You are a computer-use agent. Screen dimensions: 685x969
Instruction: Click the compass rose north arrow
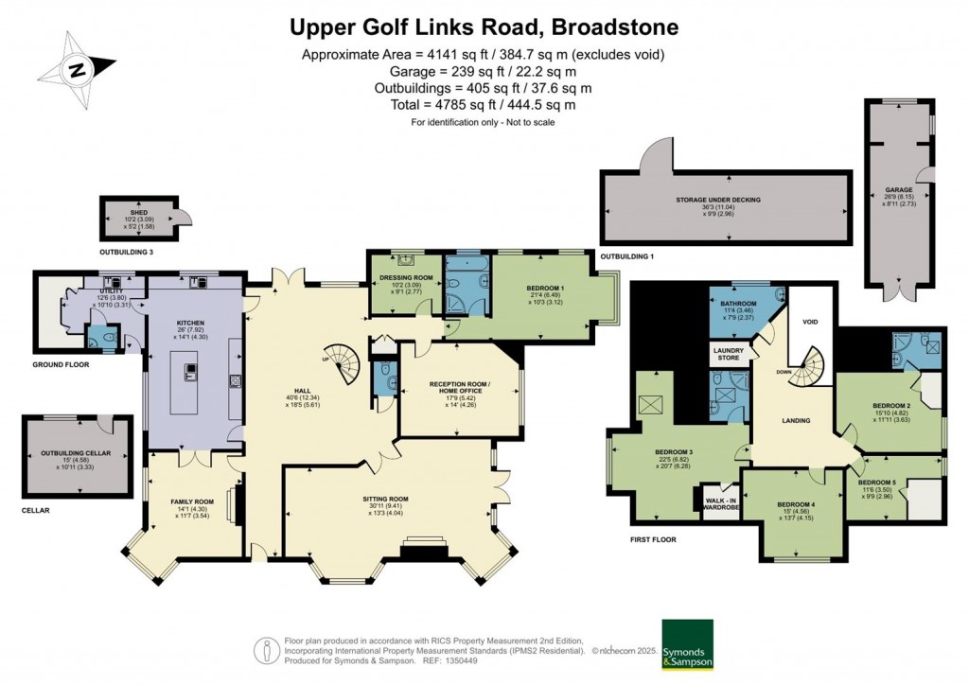tap(77, 67)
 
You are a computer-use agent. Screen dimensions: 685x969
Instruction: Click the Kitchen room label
tap(185, 323)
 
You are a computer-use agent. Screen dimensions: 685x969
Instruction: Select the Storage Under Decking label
tap(718, 200)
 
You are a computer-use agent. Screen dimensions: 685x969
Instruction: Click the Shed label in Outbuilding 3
tap(139, 213)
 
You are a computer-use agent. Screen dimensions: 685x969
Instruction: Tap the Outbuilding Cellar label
tap(76, 454)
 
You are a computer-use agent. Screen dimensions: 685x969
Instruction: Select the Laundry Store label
tap(726, 354)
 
